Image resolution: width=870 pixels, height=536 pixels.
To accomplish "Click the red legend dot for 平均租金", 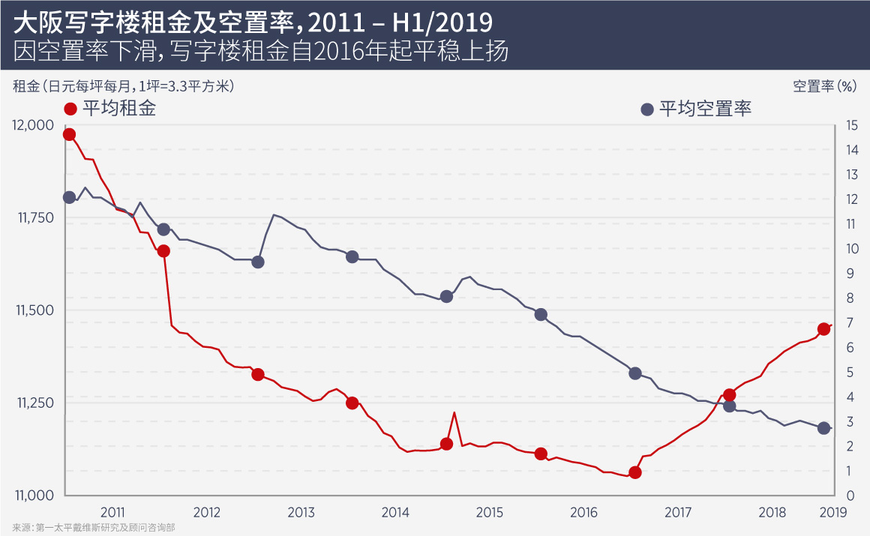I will point(70,109).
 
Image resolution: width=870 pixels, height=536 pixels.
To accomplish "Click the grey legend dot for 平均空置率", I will point(647,109).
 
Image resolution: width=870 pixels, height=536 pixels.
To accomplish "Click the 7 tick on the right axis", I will point(848,323).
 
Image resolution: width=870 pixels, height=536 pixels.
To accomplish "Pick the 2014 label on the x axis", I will point(395,513).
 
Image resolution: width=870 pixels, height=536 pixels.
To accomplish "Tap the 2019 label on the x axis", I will point(833,513).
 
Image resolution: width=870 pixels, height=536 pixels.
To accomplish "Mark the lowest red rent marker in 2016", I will point(635,472).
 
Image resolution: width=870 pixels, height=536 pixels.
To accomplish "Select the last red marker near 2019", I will point(823,329).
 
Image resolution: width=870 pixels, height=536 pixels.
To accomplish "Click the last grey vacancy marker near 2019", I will point(823,428).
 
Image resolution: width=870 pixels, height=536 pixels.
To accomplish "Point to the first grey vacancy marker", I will point(69,197).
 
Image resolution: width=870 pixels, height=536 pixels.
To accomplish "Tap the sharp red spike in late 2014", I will point(454,412).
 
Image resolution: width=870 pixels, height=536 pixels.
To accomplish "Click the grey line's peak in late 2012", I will point(274,215).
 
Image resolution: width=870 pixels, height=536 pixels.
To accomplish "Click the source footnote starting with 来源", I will point(93,528).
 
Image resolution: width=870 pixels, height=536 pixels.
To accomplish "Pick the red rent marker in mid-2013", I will point(352,403).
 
